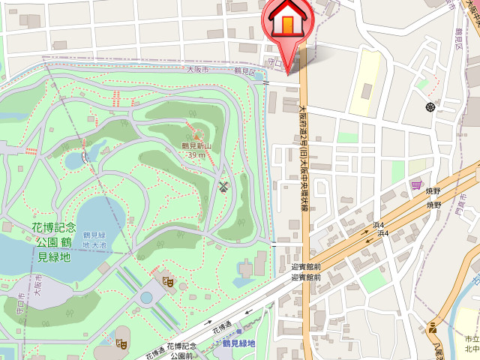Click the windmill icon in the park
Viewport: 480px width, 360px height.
point(223,186)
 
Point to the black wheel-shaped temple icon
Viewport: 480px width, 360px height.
point(430,107)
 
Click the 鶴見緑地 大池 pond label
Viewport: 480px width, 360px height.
point(96,239)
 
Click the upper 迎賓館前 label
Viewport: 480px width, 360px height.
point(305,266)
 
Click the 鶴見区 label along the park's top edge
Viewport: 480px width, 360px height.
point(244,71)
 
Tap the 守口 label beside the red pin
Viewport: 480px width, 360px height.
point(274,63)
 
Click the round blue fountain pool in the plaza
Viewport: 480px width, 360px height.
point(146,298)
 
